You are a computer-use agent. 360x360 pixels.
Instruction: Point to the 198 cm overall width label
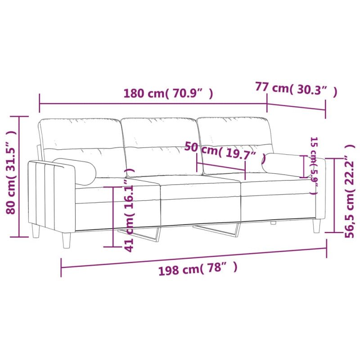click(198, 269)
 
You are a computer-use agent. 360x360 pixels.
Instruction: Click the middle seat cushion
click(200, 191)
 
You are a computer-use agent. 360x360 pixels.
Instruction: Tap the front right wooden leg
click(317, 225)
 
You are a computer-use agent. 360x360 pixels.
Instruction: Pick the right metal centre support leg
click(220, 229)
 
